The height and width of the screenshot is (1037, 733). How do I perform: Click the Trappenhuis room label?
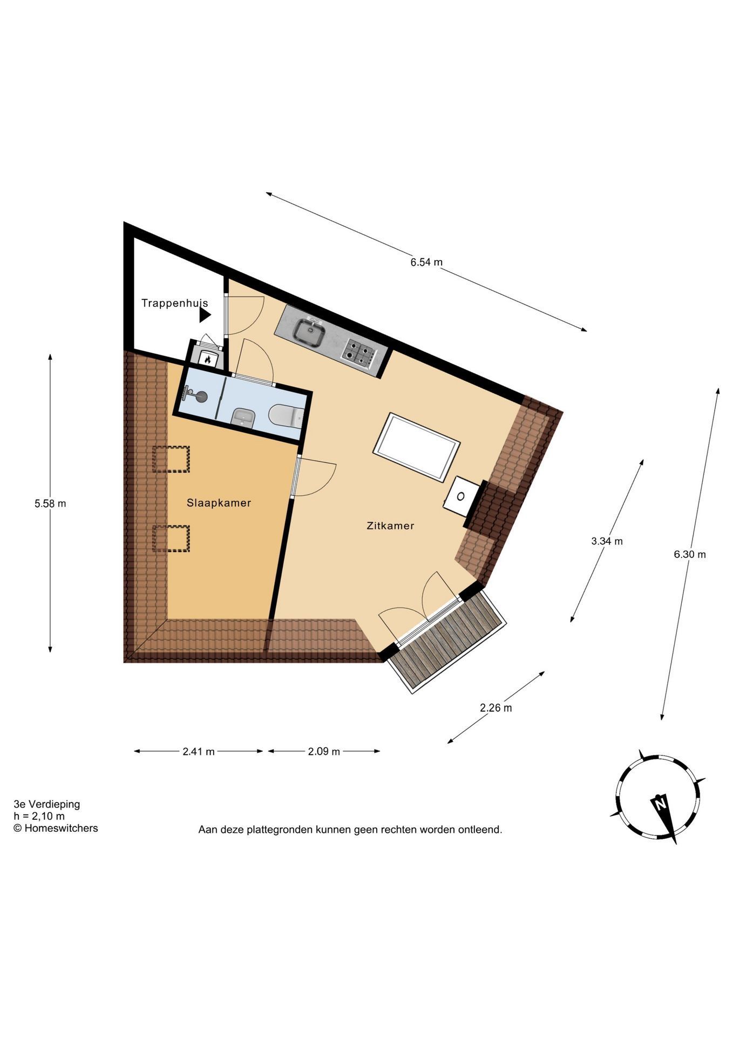click(x=174, y=303)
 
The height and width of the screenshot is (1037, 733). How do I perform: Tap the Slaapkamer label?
click(x=219, y=503)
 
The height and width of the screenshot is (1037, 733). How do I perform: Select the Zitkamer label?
click(x=390, y=526)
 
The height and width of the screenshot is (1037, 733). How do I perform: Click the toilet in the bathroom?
click(x=287, y=415)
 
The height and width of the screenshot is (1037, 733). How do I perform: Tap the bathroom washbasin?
click(x=243, y=418)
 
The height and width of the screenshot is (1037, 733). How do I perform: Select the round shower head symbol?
click(x=200, y=396)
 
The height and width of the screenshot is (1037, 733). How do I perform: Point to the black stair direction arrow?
click(x=205, y=315)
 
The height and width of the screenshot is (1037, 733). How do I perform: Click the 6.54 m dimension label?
click(x=426, y=262)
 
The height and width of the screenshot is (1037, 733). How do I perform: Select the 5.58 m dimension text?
click(x=50, y=503)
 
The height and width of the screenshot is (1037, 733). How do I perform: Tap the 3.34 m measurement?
click(x=607, y=541)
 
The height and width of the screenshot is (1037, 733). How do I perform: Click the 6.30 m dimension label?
click(x=690, y=554)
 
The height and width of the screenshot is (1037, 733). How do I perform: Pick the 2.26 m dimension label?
click(x=496, y=708)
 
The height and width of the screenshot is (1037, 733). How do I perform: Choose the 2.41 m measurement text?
click(x=199, y=751)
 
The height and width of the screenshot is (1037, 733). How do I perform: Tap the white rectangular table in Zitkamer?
click(x=417, y=447)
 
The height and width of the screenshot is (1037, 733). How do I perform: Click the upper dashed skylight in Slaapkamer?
click(x=171, y=459)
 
